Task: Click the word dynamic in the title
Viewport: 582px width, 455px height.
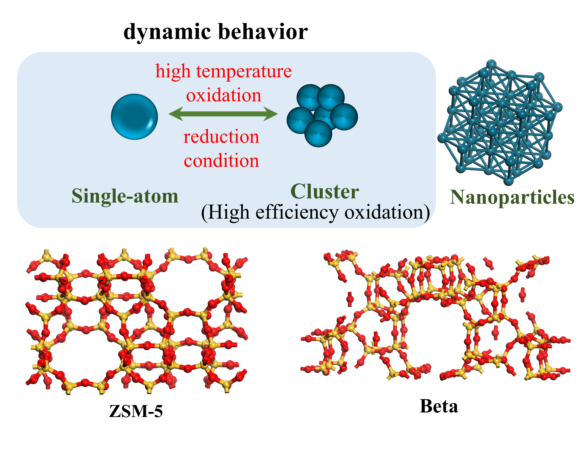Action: coord(167,32)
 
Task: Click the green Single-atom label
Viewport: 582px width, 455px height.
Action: coord(125,196)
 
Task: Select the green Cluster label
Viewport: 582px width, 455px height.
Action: coord(325,192)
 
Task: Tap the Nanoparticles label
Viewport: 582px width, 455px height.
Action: coord(512,197)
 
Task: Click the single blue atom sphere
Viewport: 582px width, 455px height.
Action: coord(134,117)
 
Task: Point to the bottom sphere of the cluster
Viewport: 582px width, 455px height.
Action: coord(318,133)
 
